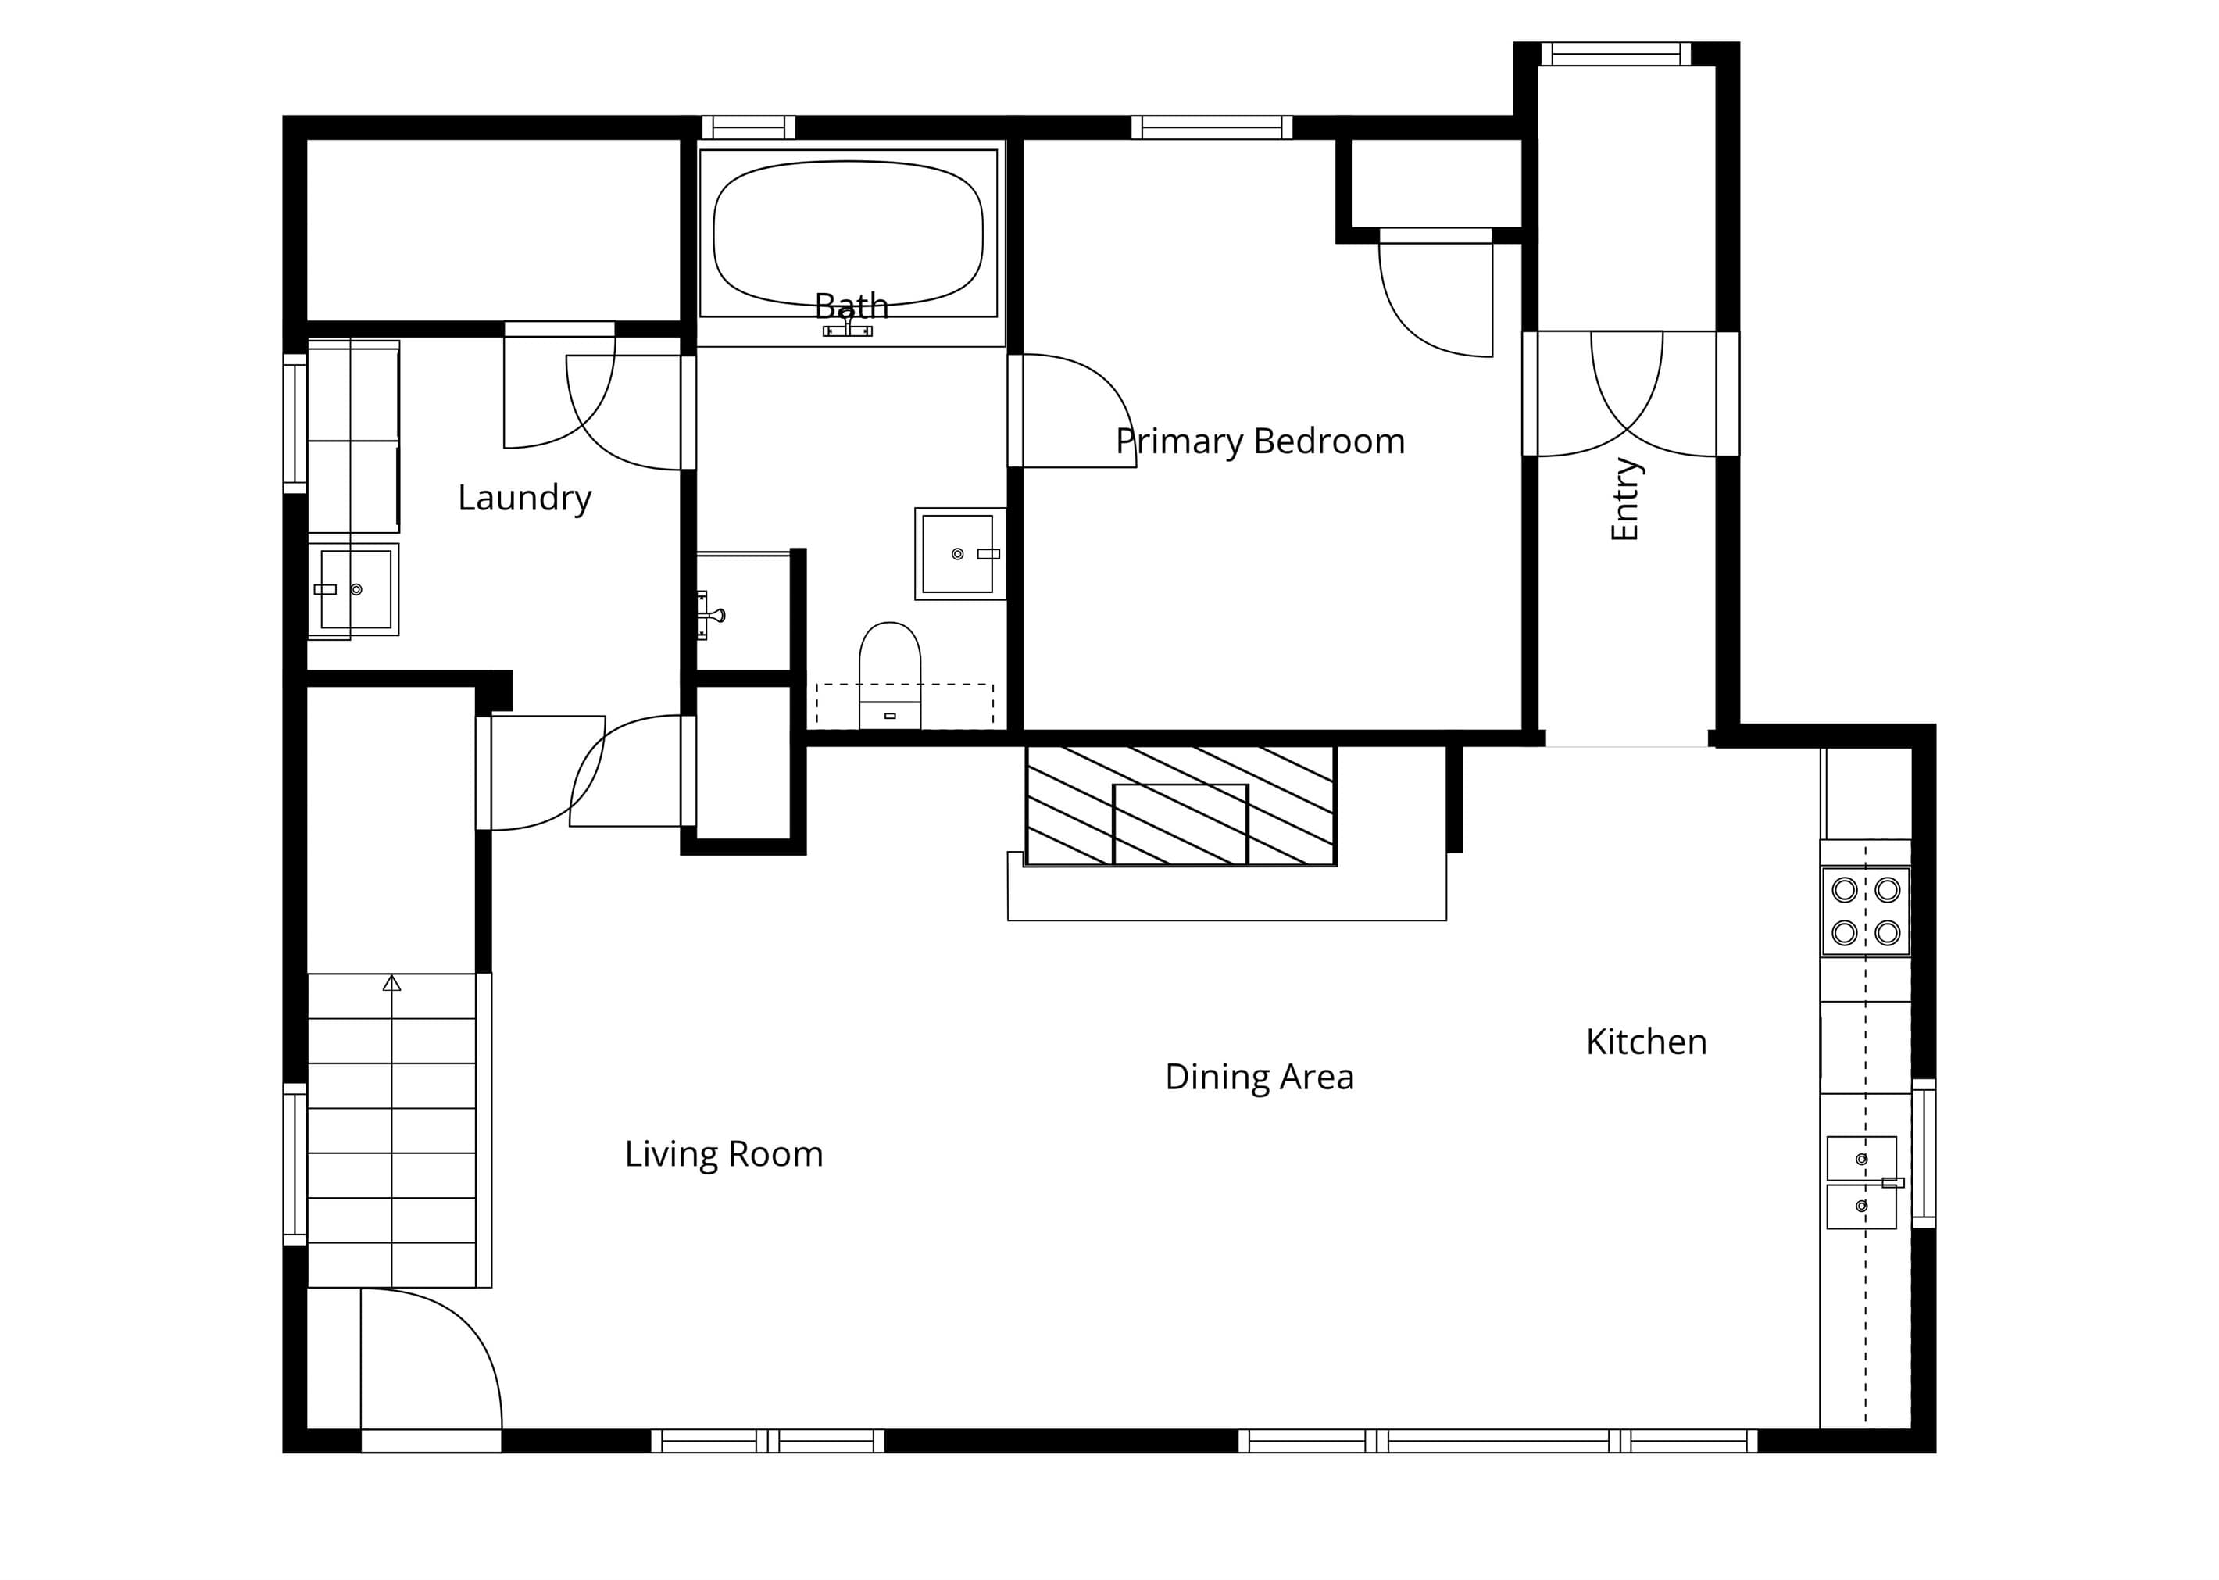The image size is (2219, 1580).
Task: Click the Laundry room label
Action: tap(524, 498)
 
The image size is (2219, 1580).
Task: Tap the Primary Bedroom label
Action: tap(1260, 441)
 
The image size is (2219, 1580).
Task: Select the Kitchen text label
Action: tap(1646, 1042)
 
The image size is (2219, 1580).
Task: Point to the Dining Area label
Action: tap(1259, 1077)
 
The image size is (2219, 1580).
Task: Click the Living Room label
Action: tap(724, 1154)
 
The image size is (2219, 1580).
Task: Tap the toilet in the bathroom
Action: tap(889, 675)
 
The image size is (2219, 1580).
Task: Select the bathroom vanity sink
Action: tap(960, 553)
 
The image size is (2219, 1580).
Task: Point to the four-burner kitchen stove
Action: tap(1866, 912)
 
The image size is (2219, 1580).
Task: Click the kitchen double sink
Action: tap(1862, 1182)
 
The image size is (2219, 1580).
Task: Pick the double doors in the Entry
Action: tap(1628, 393)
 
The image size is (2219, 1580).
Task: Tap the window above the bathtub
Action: tap(748, 127)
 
